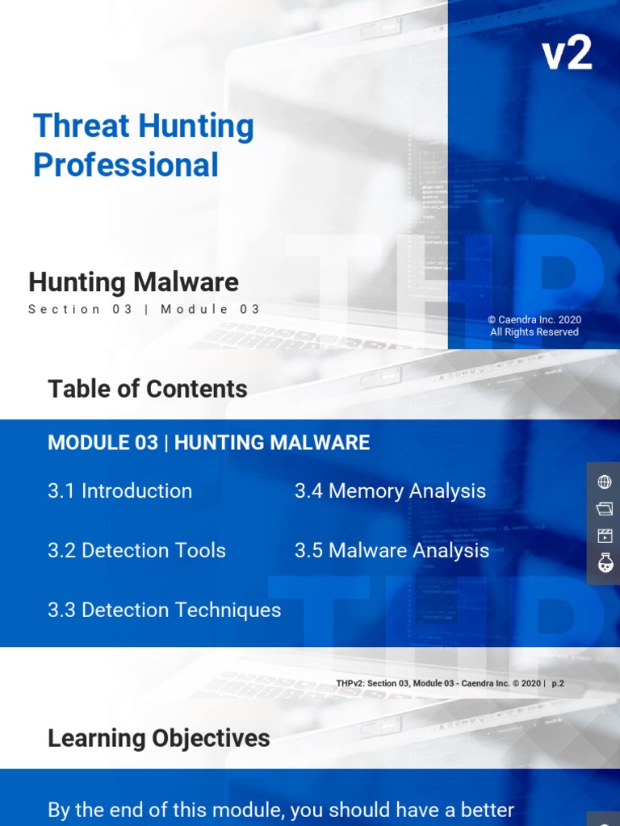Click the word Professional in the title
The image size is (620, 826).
pos(126,165)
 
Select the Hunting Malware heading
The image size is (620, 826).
pos(133,282)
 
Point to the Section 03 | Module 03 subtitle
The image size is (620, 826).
pos(145,309)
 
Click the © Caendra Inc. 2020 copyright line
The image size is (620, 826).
pos(534,319)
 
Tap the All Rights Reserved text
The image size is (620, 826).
pos(534,332)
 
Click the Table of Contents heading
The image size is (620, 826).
pos(148,389)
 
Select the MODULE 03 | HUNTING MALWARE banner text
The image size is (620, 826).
pos(209,442)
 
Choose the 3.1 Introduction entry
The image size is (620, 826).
pos(120,490)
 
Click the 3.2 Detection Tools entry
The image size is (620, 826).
pos(137,550)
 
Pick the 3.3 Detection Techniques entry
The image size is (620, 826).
pos(165,610)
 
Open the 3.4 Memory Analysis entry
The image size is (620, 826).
pos(391,490)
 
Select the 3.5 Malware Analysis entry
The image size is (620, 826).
pos(392,550)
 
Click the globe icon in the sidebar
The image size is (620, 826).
pos(604,482)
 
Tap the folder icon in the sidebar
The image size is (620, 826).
pos(604,509)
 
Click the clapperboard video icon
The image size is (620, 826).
pos(604,536)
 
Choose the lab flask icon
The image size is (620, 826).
pos(604,563)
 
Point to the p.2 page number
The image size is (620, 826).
pos(558,683)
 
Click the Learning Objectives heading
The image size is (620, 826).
pos(159,738)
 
